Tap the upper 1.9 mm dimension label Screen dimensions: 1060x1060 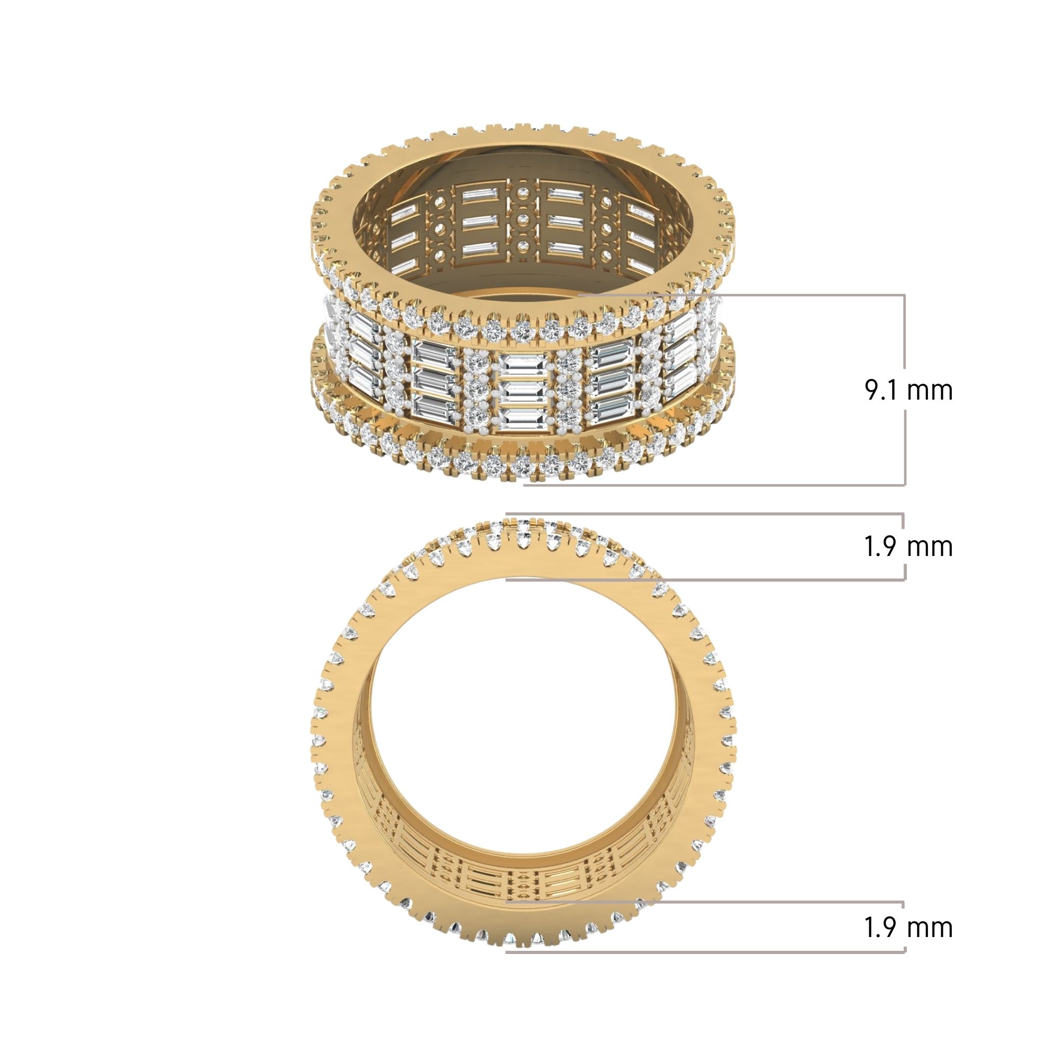click(908, 546)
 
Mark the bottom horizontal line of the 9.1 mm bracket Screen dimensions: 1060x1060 click(713, 484)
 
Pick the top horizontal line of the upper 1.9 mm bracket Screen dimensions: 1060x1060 click(702, 514)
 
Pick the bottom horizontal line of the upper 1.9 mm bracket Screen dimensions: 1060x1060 click(702, 579)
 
